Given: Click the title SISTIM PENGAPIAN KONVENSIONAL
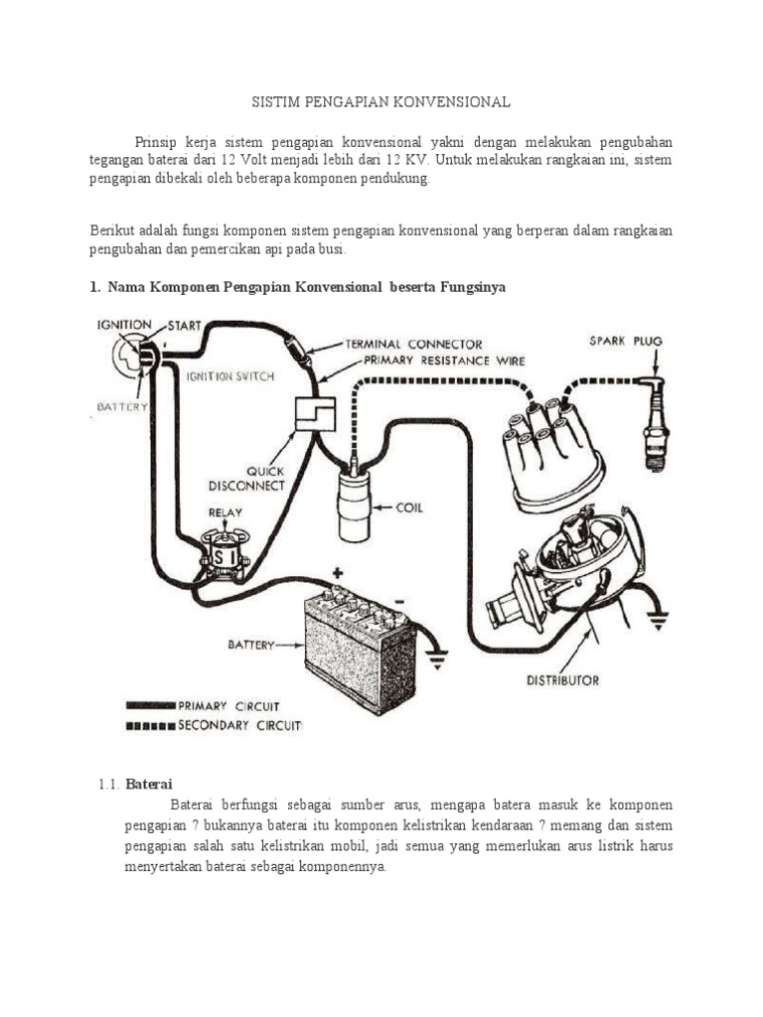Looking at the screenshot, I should [x=381, y=102].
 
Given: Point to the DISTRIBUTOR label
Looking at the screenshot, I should [x=562, y=680].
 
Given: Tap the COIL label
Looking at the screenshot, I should [x=408, y=508].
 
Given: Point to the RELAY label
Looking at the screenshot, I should [x=225, y=512].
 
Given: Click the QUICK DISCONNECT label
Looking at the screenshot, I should [x=246, y=479].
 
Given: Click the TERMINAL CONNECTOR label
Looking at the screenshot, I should [x=413, y=344].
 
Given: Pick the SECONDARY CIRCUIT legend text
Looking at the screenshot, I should [x=238, y=725].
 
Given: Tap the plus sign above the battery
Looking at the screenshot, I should [x=338, y=573].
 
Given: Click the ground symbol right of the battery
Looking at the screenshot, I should [x=435, y=655].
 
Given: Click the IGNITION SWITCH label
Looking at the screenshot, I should [x=230, y=376].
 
